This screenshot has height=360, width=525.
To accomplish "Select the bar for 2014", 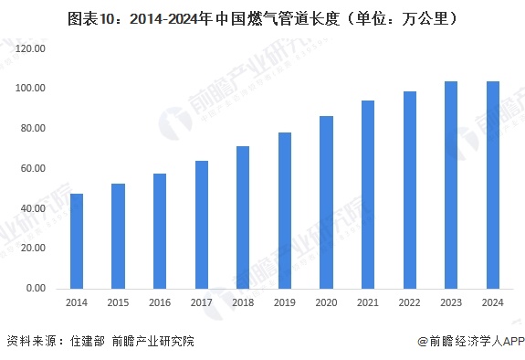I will click(77, 241).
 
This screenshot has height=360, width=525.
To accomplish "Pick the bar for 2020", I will click(326, 202).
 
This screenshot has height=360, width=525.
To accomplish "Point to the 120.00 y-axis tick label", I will click(31, 48).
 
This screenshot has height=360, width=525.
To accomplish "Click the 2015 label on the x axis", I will click(119, 302).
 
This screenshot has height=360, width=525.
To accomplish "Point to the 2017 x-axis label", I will click(202, 302).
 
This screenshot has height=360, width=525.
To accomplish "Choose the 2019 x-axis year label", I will click(285, 302).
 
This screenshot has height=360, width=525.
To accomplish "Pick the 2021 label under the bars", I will click(368, 302).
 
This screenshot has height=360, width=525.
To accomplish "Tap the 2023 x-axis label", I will click(451, 302).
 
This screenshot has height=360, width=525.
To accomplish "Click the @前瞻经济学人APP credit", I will click(469, 342).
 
